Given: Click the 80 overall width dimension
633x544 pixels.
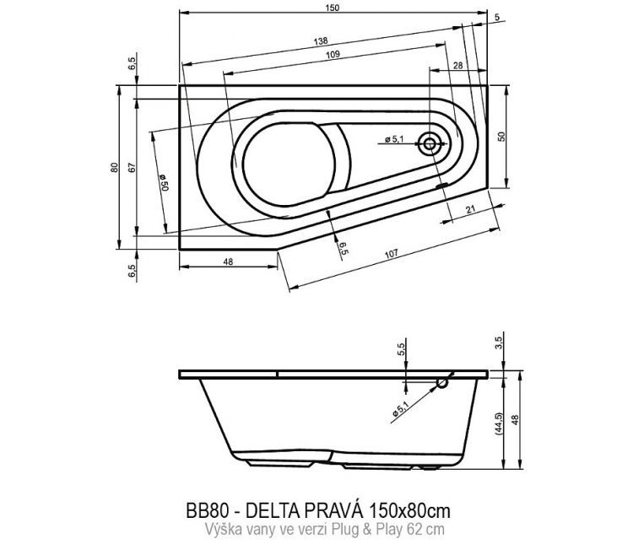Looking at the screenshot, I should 114,167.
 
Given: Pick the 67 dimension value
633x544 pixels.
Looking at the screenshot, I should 133,167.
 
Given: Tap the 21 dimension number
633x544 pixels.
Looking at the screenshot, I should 469,209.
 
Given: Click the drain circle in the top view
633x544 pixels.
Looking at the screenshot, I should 430,144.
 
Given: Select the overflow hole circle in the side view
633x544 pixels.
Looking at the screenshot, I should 442,384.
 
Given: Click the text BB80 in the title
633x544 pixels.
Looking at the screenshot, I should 203,511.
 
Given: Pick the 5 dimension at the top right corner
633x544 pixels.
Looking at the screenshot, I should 496,17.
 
